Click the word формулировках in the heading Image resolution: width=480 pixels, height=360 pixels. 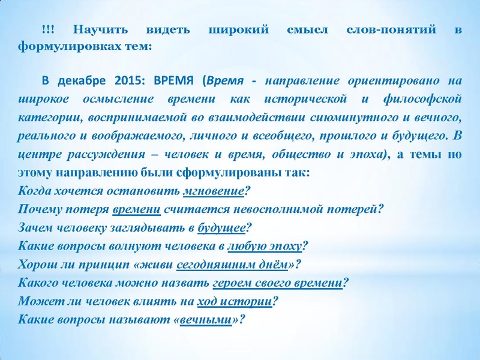pyautogui.click(x=63, y=46)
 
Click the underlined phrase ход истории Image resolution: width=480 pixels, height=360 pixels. pyautogui.click(x=245, y=300)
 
